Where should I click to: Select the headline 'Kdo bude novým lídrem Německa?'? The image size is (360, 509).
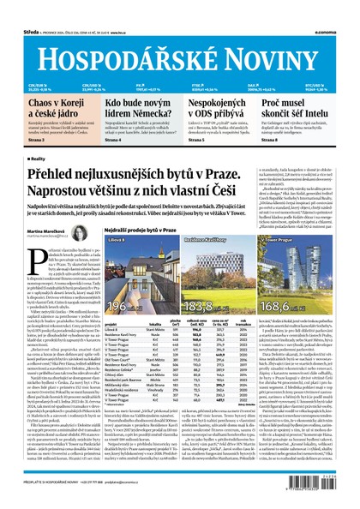pyautogui.click(x=141, y=108)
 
